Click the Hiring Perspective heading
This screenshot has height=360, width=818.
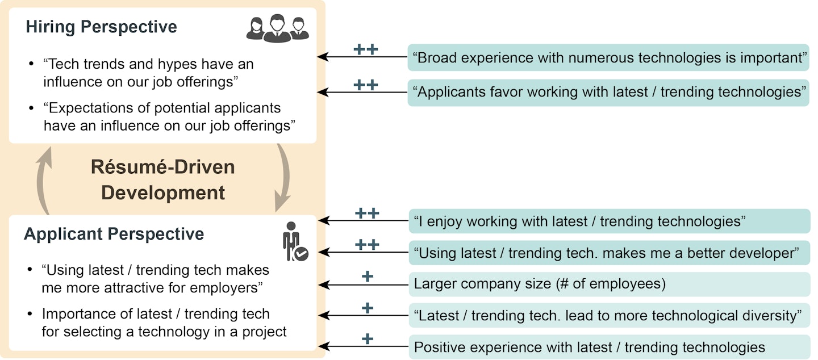click(101, 27)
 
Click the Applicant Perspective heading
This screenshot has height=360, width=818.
click(114, 234)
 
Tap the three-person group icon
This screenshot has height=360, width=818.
click(277, 27)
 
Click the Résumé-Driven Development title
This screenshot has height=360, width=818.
click(163, 180)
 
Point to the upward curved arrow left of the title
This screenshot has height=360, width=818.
click(45, 178)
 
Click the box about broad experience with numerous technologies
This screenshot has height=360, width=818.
click(608, 57)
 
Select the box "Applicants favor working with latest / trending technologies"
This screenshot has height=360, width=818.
click(608, 93)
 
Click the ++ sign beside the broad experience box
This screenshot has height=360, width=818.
click(365, 49)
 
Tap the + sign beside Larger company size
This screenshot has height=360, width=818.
click(368, 277)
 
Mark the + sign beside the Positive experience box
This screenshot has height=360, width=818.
click(368, 339)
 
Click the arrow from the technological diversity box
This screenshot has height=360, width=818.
click(364, 316)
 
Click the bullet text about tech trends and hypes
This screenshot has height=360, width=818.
click(148, 73)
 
